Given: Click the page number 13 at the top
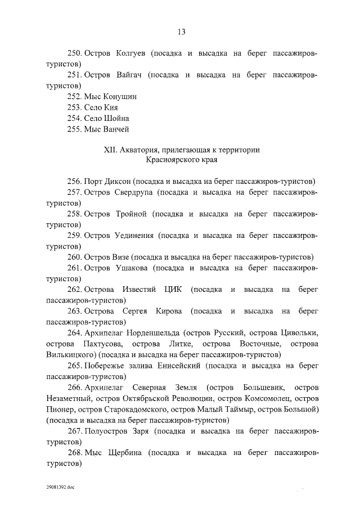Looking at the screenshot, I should click(181, 31).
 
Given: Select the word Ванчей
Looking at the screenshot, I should click(116, 129).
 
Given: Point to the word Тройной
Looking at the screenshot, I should click(133, 214).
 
